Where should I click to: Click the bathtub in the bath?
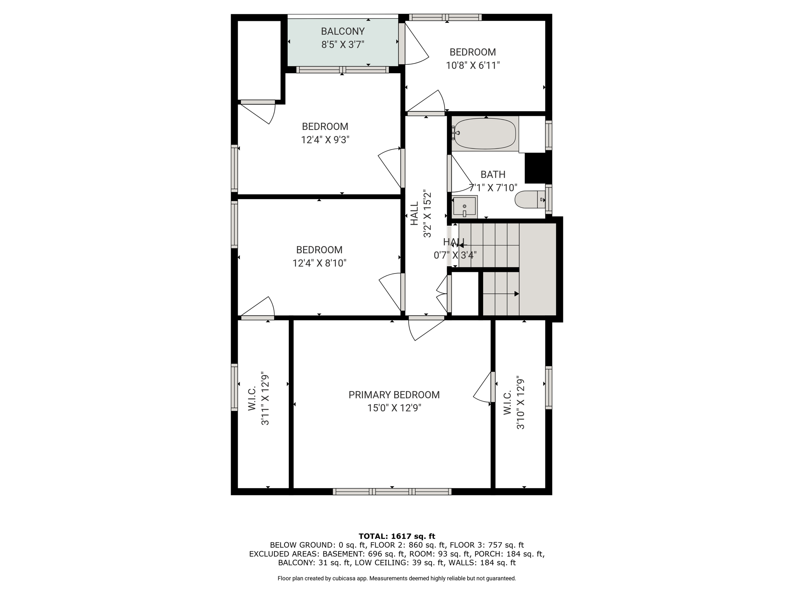485,134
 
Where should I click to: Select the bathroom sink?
464,207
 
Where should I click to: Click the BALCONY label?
343,31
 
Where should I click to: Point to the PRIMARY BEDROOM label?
394,395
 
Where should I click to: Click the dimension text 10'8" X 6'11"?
473,65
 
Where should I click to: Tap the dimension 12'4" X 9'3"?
325,139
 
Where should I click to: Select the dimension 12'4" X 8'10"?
319,263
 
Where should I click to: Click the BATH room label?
493,174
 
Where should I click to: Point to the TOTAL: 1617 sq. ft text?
397,536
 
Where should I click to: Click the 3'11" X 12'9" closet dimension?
265,399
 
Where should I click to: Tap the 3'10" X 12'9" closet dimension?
520,403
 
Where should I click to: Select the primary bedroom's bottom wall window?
392,492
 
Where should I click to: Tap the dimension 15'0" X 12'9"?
394,408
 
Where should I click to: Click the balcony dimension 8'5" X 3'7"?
343,44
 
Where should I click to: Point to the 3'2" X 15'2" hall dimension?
427,213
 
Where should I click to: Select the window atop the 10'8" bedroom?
445,17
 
